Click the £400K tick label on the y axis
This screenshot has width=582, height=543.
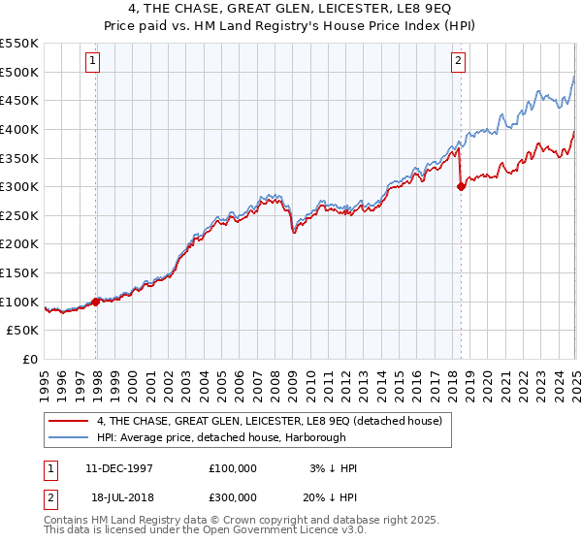pos(19,129)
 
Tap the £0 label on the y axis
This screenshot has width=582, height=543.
pos(29,360)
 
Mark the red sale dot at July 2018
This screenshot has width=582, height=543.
pos(461,187)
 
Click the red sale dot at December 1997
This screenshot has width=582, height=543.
pos(96,302)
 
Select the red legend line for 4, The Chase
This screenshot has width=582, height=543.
pos(68,421)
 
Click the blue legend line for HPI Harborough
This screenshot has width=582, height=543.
pos(68,438)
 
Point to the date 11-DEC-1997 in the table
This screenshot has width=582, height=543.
pos(119,468)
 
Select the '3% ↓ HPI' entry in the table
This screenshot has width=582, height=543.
pos(334,468)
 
